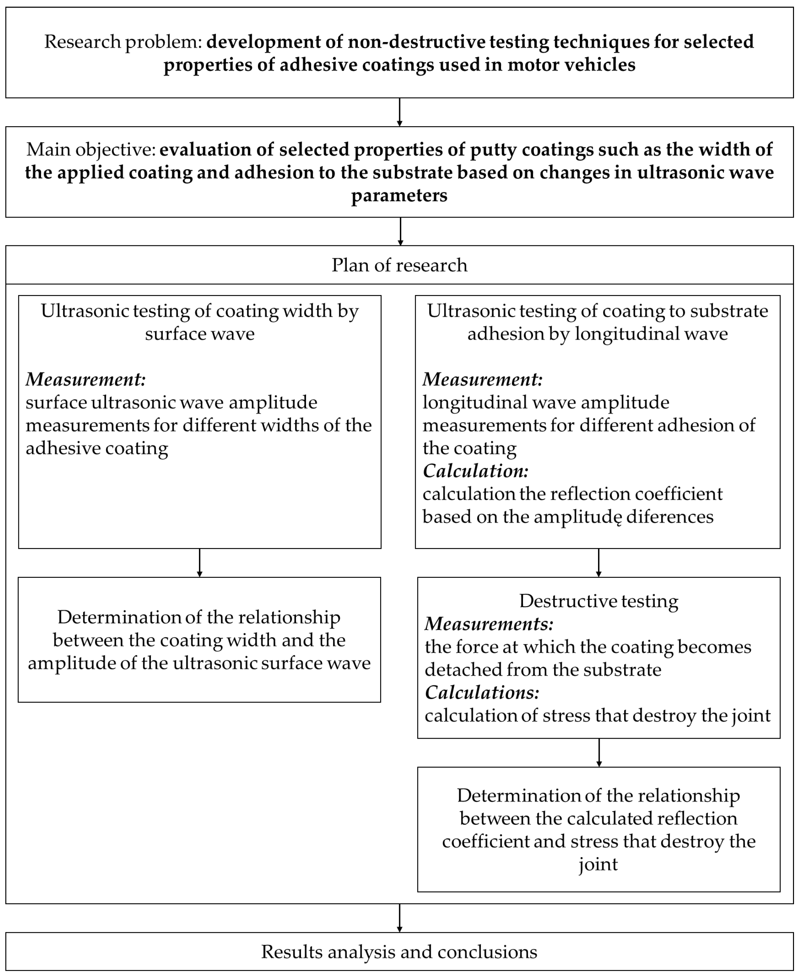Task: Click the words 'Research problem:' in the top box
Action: (x=122, y=42)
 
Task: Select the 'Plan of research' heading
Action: (x=399, y=265)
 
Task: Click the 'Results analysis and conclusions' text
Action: (x=399, y=952)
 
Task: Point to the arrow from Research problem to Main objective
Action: (x=399, y=112)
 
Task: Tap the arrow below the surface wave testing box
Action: (x=200, y=563)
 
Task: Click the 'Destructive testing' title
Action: (x=599, y=601)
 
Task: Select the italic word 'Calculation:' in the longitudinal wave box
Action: (x=475, y=471)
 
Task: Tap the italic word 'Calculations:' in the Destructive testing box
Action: (x=482, y=693)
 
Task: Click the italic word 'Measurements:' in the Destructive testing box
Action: (x=489, y=624)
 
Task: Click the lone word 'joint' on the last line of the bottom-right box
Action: (x=598, y=864)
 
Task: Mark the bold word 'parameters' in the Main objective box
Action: (x=399, y=195)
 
